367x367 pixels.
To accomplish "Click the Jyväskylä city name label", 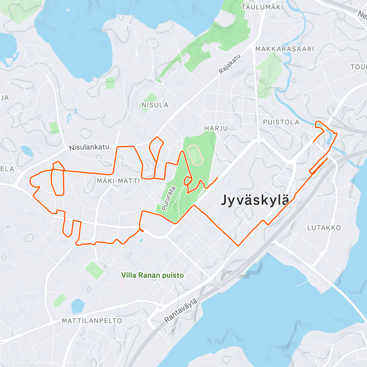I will (255, 200).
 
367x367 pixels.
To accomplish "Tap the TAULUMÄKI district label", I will (262, 7).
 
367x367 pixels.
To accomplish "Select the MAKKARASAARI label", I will (284, 49).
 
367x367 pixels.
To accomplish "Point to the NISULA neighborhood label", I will (155, 105).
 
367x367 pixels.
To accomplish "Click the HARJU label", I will (216, 128).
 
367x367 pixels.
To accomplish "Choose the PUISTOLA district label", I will (281, 122).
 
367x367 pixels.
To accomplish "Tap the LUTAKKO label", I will (324, 228).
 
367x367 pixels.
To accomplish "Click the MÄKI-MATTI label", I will (118, 181).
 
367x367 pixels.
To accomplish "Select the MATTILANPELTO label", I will (92, 321).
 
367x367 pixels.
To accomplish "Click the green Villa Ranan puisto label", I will (152, 275).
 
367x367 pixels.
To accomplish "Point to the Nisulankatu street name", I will (89, 147).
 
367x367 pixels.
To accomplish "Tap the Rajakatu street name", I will (230, 64).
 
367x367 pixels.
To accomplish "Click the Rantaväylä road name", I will (181, 311).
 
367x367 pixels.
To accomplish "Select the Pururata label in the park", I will (169, 198).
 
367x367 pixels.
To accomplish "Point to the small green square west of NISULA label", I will (110, 83).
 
